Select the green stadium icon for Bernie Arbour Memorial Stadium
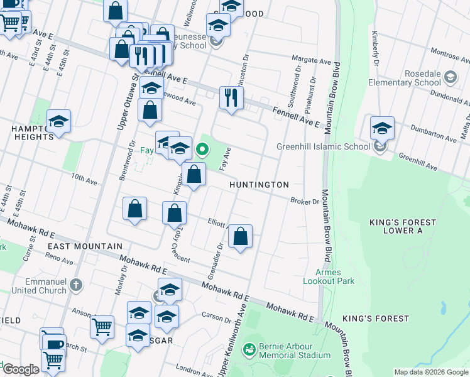[249, 348]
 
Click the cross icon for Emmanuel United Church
[75, 285]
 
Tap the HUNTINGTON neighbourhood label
[259, 185]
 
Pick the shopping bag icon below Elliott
[240, 237]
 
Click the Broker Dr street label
[305, 201]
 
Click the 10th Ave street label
[84, 180]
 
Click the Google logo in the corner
[21, 369]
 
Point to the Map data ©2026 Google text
[431, 373]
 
